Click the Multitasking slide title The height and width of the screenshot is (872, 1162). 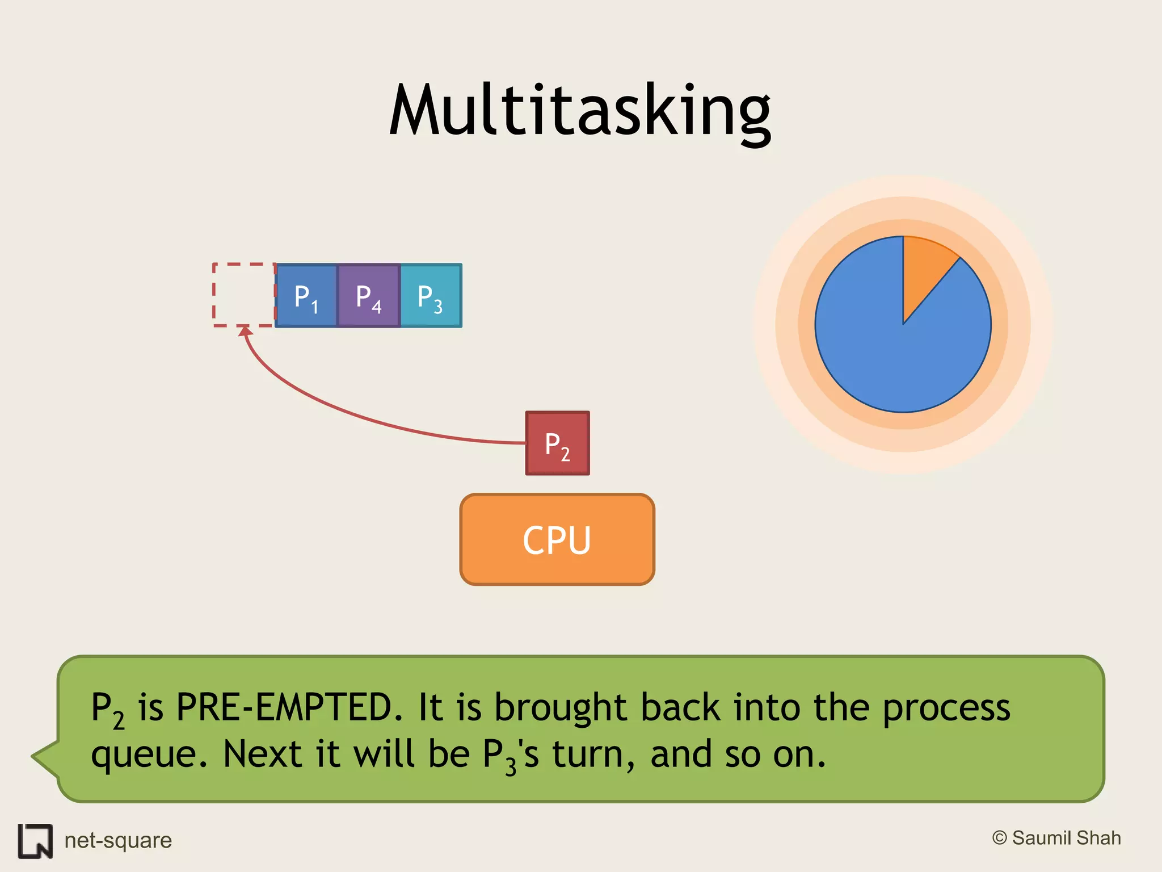point(580,111)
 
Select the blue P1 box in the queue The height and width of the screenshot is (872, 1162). point(306,296)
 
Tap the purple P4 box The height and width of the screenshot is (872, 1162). point(369,296)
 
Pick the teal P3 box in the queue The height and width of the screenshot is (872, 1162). point(431,296)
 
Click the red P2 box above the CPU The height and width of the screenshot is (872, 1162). point(557,443)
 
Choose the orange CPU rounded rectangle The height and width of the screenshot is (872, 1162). point(557,539)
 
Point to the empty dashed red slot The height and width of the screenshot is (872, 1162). point(244,295)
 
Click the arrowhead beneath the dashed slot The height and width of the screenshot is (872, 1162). point(245,332)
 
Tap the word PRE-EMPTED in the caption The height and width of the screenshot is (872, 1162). point(284,708)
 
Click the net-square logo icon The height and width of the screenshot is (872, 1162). point(35,841)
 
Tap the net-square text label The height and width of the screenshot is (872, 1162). point(118,840)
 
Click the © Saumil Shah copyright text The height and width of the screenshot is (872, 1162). point(1056,838)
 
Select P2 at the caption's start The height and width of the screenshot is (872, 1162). point(107,710)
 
